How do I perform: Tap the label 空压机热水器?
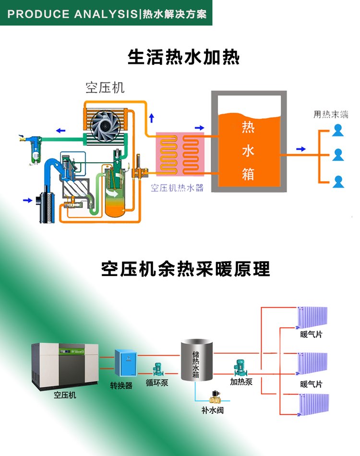coord(177,188)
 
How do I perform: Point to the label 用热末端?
coord(331,115)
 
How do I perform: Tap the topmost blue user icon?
coord(338,129)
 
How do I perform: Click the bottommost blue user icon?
coord(338,181)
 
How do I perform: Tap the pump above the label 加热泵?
coord(240,368)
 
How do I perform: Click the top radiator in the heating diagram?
coord(312,316)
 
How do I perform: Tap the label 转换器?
coord(121,386)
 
